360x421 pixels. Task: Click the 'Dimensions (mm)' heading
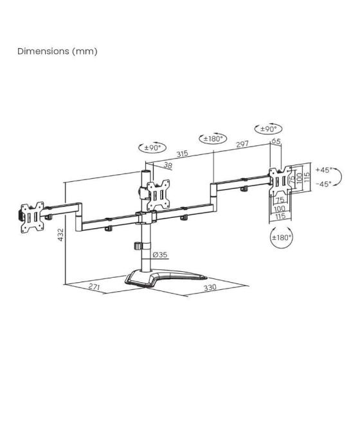[57, 51]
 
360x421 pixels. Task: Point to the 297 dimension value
[242, 145]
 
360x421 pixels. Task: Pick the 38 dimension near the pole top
[167, 165]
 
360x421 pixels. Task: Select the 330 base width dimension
[209, 289]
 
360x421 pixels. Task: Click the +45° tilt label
[323, 170]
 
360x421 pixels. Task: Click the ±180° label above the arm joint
[213, 139]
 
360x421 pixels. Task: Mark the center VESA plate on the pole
[157, 193]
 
